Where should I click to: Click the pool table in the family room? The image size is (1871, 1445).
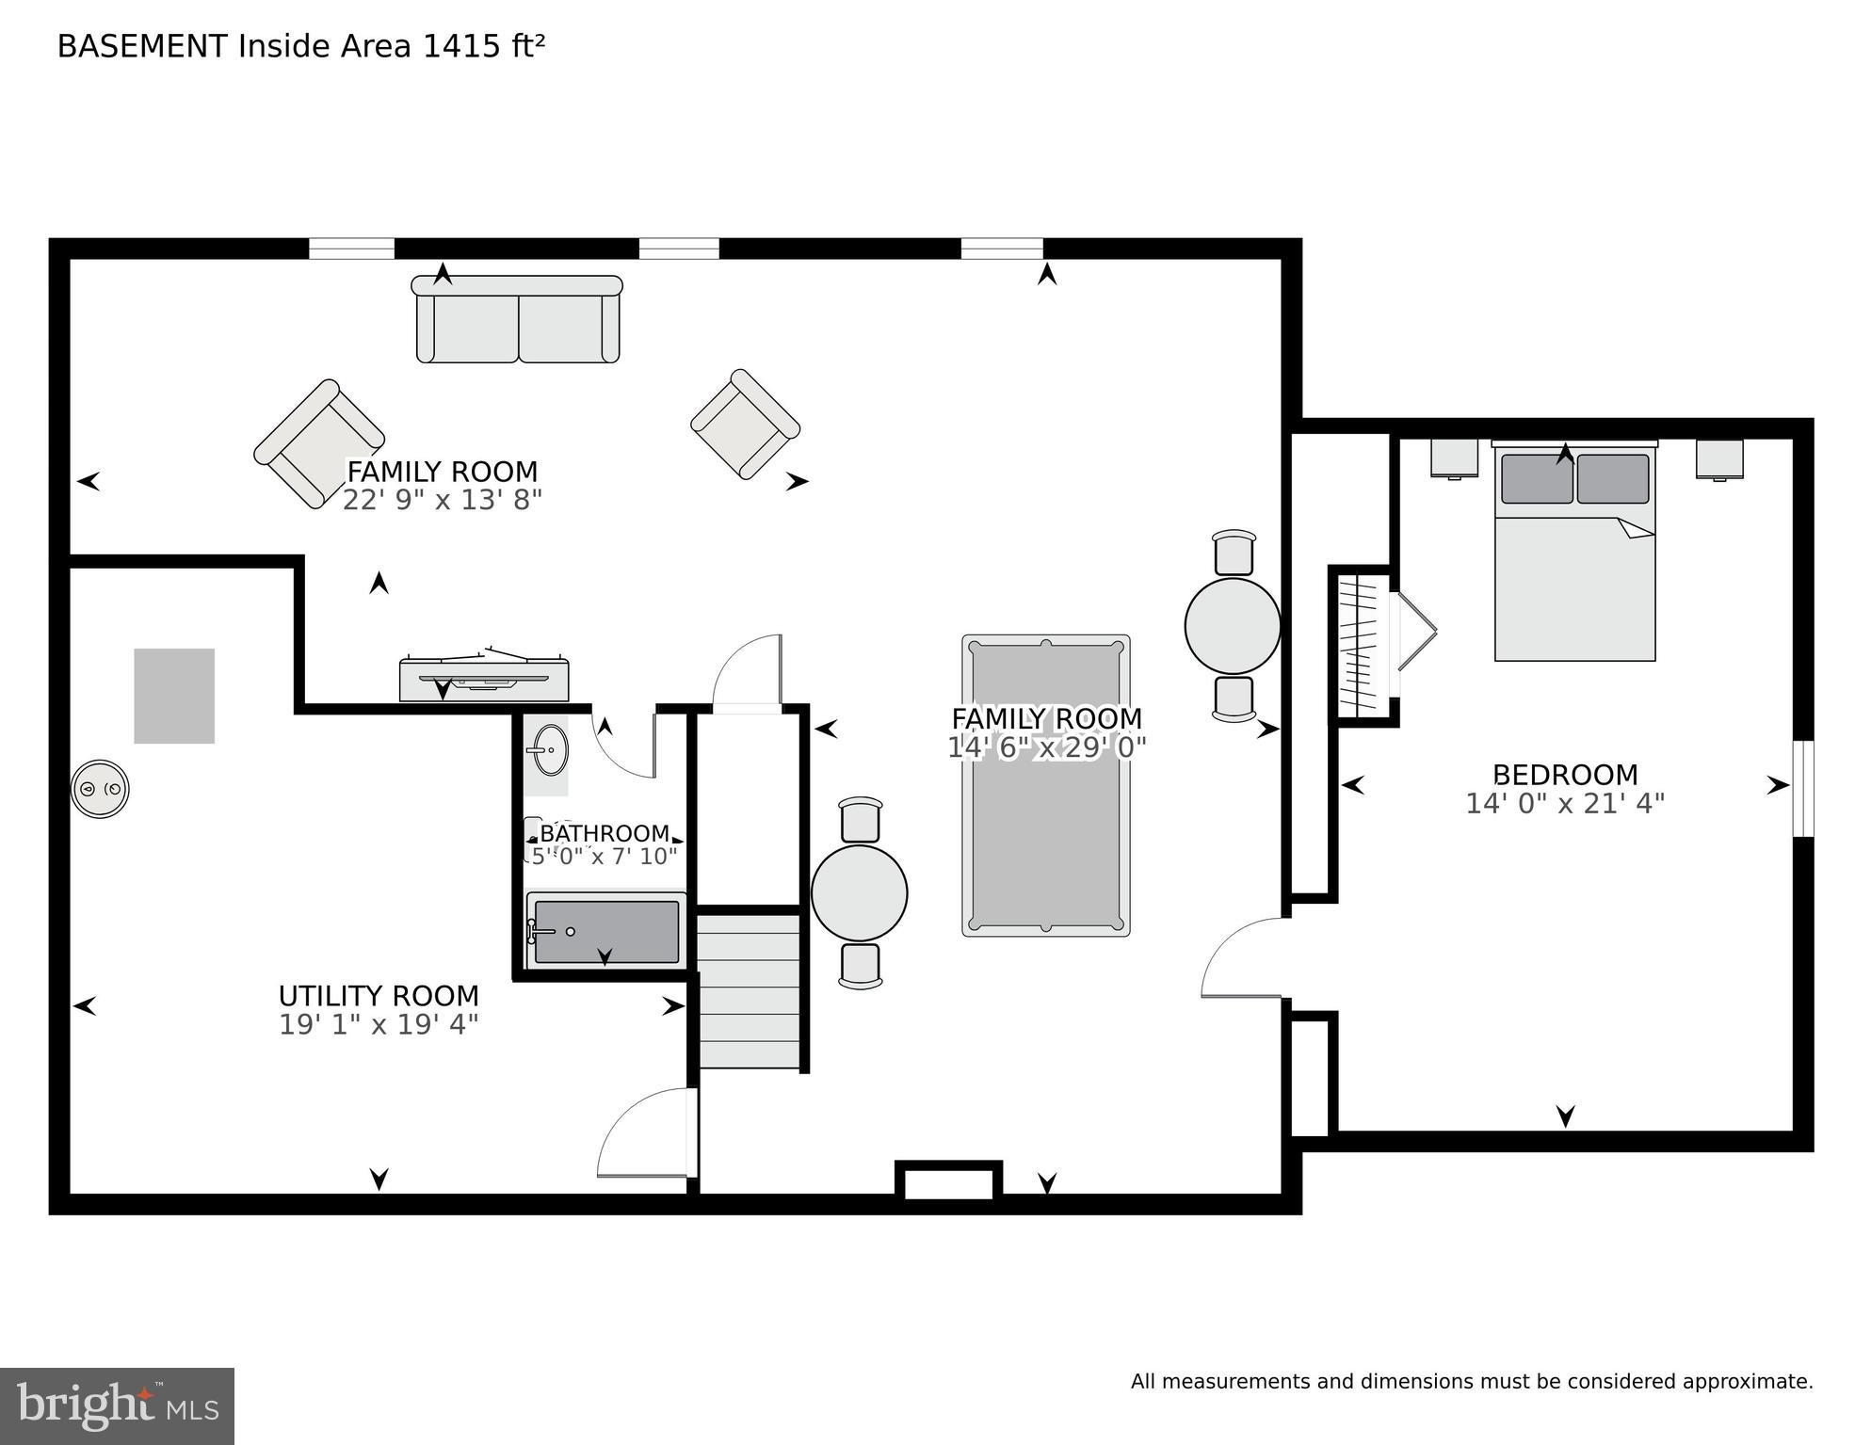(1045, 785)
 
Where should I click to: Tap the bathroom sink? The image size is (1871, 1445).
(546, 750)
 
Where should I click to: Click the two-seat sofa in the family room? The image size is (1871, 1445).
(518, 320)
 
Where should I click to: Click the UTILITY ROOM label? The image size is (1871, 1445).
(379, 996)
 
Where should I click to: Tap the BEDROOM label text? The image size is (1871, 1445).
(1565, 775)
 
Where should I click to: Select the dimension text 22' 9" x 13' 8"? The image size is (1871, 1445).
(443, 500)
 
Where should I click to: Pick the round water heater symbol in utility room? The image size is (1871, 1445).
(100, 789)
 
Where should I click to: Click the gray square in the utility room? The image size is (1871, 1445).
(174, 696)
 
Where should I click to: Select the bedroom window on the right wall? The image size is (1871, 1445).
(1802, 788)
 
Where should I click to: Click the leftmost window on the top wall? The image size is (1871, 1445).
(351, 249)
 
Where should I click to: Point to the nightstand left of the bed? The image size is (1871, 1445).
(1454, 458)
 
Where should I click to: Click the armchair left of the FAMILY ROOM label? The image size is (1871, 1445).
(318, 443)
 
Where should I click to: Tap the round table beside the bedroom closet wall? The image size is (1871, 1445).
(1232, 626)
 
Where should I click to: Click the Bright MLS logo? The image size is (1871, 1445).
(117, 1405)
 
